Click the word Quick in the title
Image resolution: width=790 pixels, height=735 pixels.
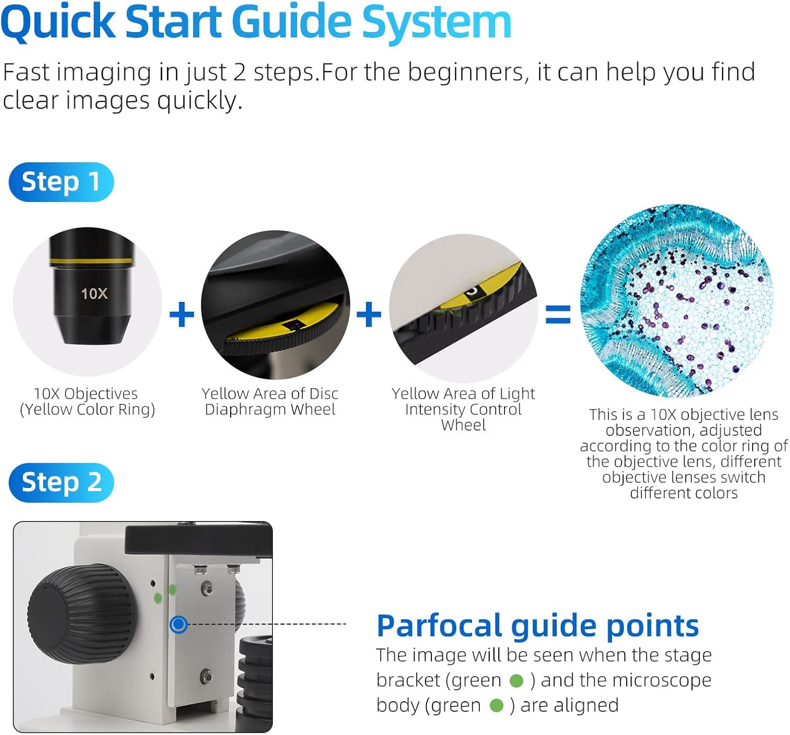[x=58, y=23]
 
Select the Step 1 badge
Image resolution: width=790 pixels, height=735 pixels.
[x=61, y=182]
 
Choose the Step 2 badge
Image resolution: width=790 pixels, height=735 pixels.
[x=61, y=482]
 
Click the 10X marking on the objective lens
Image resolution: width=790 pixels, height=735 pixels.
[x=94, y=293]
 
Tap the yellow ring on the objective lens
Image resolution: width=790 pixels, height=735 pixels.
[x=91, y=261]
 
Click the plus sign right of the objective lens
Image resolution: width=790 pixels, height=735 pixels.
[x=182, y=314]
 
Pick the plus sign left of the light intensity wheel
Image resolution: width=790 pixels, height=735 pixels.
[x=369, y=314]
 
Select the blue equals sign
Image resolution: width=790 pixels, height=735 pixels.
[x=558, y=314]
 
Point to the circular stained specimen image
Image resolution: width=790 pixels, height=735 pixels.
[x=677, y=301]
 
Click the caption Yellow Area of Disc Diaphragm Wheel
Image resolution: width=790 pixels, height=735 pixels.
[x=270, y=401]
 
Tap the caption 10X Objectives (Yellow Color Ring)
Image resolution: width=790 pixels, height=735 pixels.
[x=87, y=401]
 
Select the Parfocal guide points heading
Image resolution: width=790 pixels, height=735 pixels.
[x=538, y=626]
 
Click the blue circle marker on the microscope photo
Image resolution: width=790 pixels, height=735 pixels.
[x=179, y=624]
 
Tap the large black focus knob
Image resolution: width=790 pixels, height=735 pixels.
[x=82, y=614]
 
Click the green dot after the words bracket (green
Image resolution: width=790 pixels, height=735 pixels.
[x=516, y=681]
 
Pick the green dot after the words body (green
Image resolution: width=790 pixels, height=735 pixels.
[x=497, y=705]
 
